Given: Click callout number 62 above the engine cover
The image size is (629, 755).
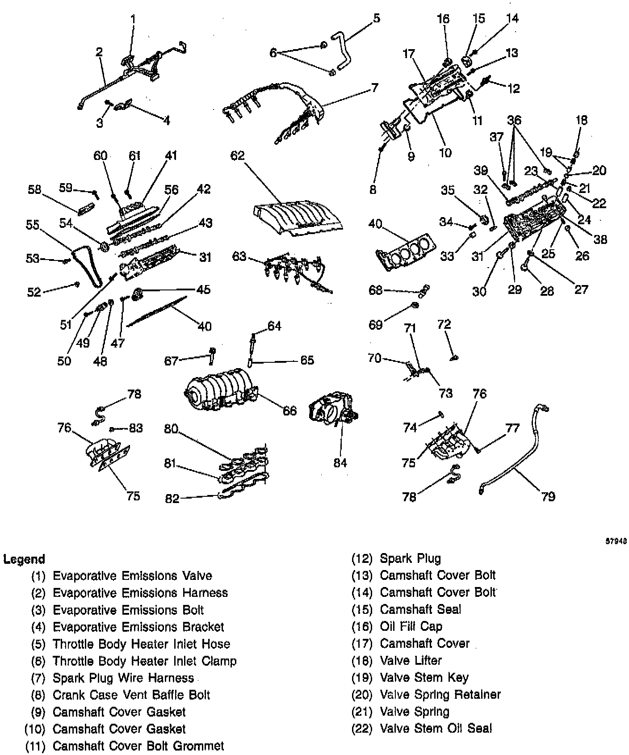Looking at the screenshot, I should [x=238, y=156].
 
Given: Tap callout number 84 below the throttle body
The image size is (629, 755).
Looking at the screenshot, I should [x=340, y=463].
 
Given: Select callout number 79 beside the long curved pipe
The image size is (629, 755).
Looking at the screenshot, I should [x=548, y=496].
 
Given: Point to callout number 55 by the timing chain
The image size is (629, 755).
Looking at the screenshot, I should [x=33, y=225].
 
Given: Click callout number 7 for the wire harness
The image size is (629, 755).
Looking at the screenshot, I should [x=374, y=88].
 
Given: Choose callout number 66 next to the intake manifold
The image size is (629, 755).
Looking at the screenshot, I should [x=290, y=410].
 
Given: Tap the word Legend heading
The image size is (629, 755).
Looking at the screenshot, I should [x=24, y=559].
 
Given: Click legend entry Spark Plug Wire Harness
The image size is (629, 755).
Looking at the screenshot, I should [x=123, y=678].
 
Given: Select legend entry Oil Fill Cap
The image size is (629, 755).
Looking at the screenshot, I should [x=411, y=626].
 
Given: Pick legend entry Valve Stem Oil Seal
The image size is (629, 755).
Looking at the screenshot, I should [x=436, y=728].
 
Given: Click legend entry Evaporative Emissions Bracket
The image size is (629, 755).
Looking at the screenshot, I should [x=138, y=627].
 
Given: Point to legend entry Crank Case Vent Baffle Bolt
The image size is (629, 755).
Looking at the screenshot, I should [x=131, y=695].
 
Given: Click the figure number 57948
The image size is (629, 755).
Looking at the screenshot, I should [x=616, y=540].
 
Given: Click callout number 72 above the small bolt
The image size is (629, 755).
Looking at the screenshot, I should [x=444, y=324].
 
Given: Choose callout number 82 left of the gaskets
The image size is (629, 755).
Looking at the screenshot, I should [x=172, y=498].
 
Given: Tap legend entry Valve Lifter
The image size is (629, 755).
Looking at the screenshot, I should [x=411, y=660].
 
